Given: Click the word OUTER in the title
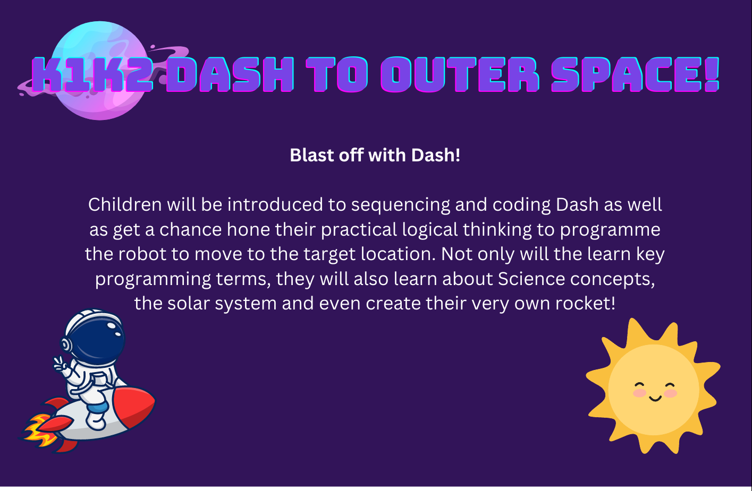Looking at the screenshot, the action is pos(460,74).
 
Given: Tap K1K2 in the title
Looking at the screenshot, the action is pos(92,74).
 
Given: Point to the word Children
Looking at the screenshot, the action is pos(125,204).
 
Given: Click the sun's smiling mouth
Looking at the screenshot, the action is pos(655,398).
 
